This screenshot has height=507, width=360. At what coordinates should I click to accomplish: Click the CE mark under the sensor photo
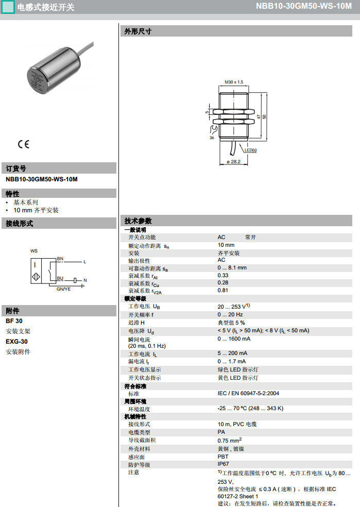tap(24, 144)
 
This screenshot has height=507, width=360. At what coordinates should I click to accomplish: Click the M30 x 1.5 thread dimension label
tap(234, 82)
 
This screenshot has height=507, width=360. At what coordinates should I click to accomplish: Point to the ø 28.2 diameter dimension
tap(233, 162)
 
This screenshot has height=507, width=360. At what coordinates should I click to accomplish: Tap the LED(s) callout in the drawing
tap(250, 150)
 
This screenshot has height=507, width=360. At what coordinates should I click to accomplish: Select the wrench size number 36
tap(212, 138)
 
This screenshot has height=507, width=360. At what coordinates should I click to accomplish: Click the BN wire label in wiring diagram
tap(60, 258)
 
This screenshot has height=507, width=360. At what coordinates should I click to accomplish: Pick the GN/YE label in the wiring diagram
tap(63, 289)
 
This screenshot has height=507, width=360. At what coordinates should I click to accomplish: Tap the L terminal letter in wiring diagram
tap(85, 262)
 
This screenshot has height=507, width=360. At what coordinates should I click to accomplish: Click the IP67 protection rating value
tap(223, 464)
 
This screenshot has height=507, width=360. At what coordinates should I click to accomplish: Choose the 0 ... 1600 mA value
tap(234, 339)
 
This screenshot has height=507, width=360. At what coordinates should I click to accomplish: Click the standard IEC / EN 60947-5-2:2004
tap(248, 394)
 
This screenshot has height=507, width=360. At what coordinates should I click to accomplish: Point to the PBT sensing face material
tap(223, 457)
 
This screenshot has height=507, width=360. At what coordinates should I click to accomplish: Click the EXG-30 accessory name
tap(17, 341)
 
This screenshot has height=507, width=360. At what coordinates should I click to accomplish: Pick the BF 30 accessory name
tap(14, 321)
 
